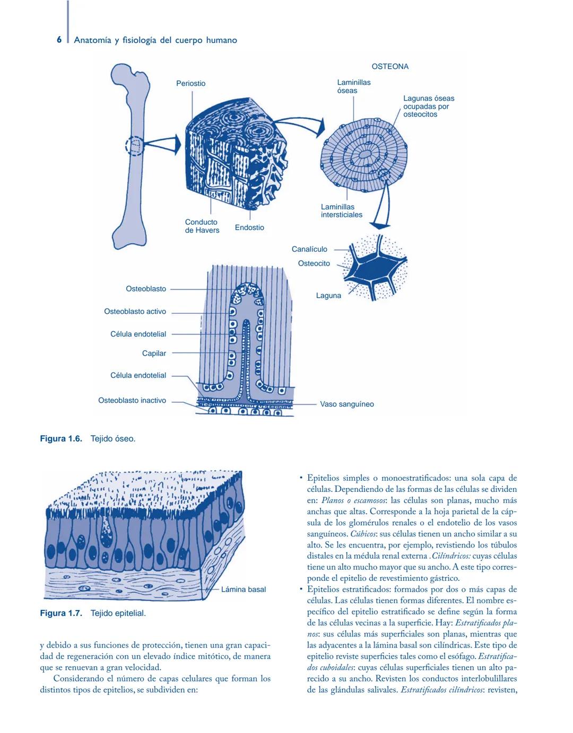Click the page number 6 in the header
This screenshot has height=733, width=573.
coord(59,40)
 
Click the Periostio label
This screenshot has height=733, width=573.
coord(190,83)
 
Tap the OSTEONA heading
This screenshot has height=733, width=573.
coord(390,67)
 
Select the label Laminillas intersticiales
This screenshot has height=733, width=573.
coord(341,211)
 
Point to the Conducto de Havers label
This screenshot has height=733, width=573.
coord(202,226)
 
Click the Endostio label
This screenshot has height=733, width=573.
coord(249,227)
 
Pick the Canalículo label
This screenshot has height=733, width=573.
coord(309,249)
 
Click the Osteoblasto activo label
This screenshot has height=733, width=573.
coord(135,312)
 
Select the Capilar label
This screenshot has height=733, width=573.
coord(154,354)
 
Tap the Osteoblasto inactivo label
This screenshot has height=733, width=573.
coord(132,401)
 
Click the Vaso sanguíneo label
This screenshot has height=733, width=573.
coord(346,404)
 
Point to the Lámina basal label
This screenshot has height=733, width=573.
coord(243,589)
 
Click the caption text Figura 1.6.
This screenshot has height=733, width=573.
coord(61,439)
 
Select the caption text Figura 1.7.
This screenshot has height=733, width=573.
coord(61,613)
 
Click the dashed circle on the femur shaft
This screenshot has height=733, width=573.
coord(135,146)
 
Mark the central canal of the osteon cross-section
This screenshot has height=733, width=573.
coord(365,154)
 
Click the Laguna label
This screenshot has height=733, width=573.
coord(328,296)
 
